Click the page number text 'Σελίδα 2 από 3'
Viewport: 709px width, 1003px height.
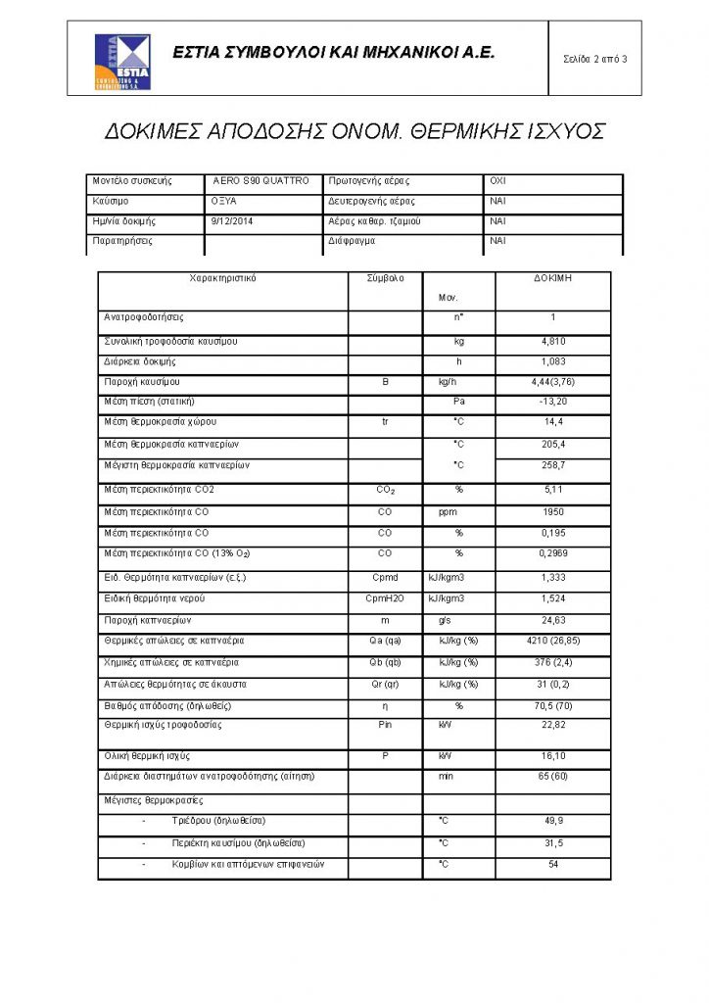pos(595,60)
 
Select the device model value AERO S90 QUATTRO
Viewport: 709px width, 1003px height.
pos(260,181)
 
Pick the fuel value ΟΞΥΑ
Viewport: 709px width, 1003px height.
pos(224,201)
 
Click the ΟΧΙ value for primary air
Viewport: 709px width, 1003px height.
pos(497,181)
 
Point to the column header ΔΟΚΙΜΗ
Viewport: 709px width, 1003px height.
pos(553,278)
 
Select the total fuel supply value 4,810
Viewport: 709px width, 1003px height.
pos(553,342)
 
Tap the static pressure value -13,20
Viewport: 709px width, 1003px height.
pos(553,402)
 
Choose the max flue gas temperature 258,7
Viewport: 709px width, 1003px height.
pos(553,465)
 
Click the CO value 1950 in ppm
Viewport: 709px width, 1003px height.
pos(553,512)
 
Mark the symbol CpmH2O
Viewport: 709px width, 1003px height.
pos(385,597)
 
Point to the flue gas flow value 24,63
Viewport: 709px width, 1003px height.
pos(553,620)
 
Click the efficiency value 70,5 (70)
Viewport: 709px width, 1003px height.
pos(553,705)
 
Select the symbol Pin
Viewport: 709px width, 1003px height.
pos(385,725)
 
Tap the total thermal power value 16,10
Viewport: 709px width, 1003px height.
pos(553,757)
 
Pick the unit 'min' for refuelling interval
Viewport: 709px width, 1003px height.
pos(458,776)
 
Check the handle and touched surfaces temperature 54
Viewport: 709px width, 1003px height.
pos(553,865)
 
